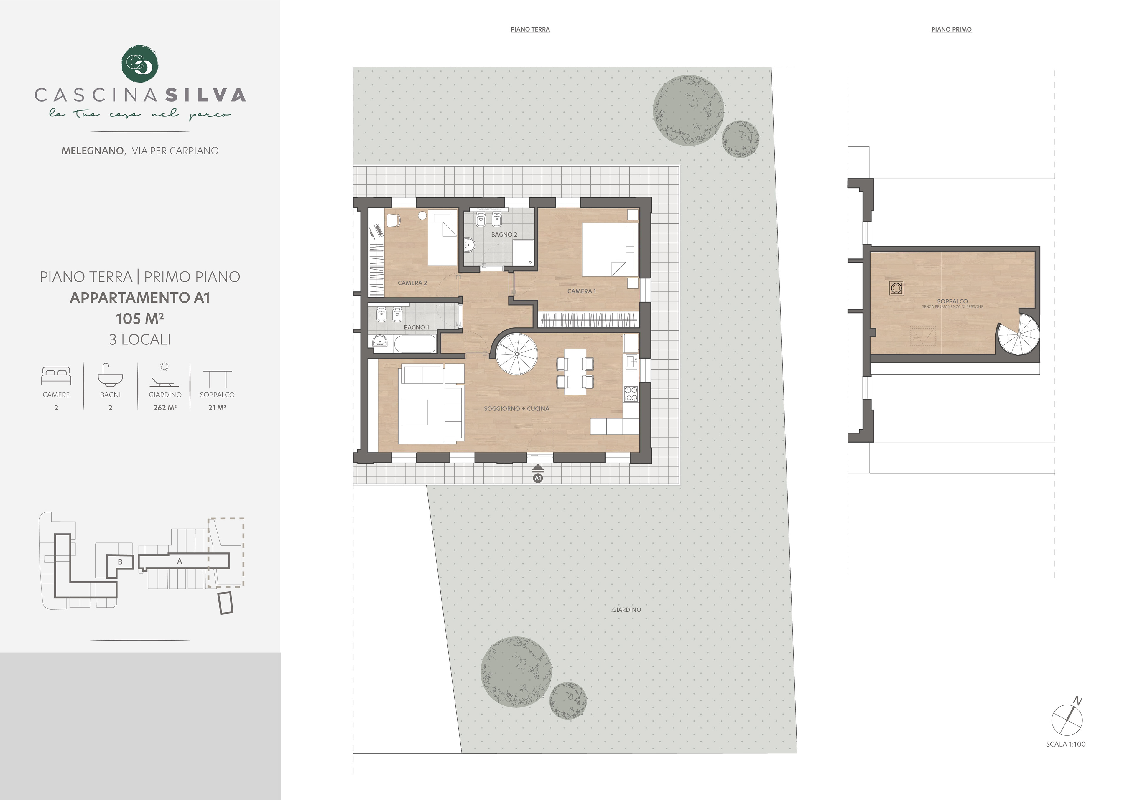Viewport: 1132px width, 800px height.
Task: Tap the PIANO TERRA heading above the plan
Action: (x=530, y=29)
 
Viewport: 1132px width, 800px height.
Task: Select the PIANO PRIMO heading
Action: (x=951, y=29)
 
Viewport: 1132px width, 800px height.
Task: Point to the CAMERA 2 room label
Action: (x=412, y=283)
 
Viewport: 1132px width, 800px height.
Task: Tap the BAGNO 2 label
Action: (x=504, y=235)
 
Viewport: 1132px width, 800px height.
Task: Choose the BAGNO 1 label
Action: (x=416, y=327)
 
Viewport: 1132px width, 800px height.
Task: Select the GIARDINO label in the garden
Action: (x=626, y=610)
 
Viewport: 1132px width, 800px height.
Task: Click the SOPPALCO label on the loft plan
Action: (x=952, y=301)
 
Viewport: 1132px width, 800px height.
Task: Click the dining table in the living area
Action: (x=575, y=372)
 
